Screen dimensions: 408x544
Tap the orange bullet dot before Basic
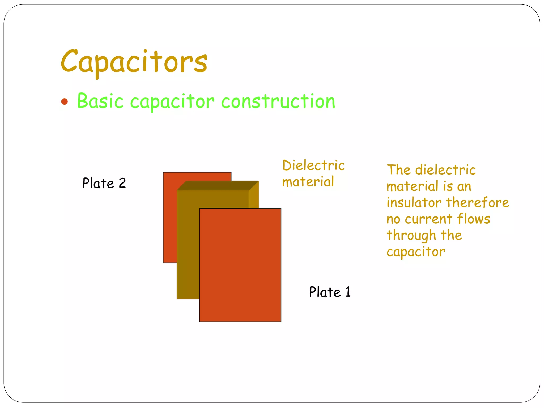coord(64,101)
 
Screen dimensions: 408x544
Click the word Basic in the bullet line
coord(100,101)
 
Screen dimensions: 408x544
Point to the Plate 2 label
coord(104,183)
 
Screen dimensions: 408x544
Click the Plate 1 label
coord(330,292)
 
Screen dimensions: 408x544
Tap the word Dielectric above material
coord(313,165)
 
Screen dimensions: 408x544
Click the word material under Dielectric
coord(308,182)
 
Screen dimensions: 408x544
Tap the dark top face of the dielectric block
coord(218,185)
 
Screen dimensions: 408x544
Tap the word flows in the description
coord(473,219)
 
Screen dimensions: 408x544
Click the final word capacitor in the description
coord(416,252)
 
